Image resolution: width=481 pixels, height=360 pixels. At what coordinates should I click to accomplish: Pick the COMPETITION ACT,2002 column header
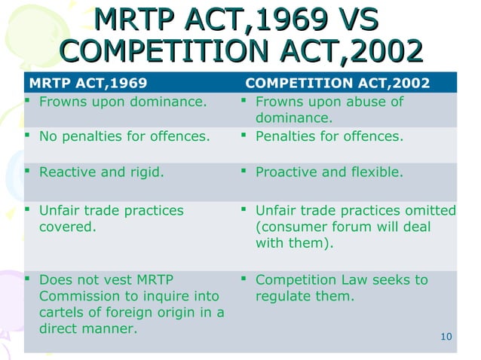pyautogui.click(x=339, y=82)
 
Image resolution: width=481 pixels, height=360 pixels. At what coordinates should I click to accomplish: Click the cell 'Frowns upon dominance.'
pyautogui.click(x=122, y=102)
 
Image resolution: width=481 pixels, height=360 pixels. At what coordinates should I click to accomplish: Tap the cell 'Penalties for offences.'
pyautogui.click(x=329, y=137)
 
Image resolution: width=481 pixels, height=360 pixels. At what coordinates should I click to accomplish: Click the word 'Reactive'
pyautogui.click(x=66, y=172)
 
